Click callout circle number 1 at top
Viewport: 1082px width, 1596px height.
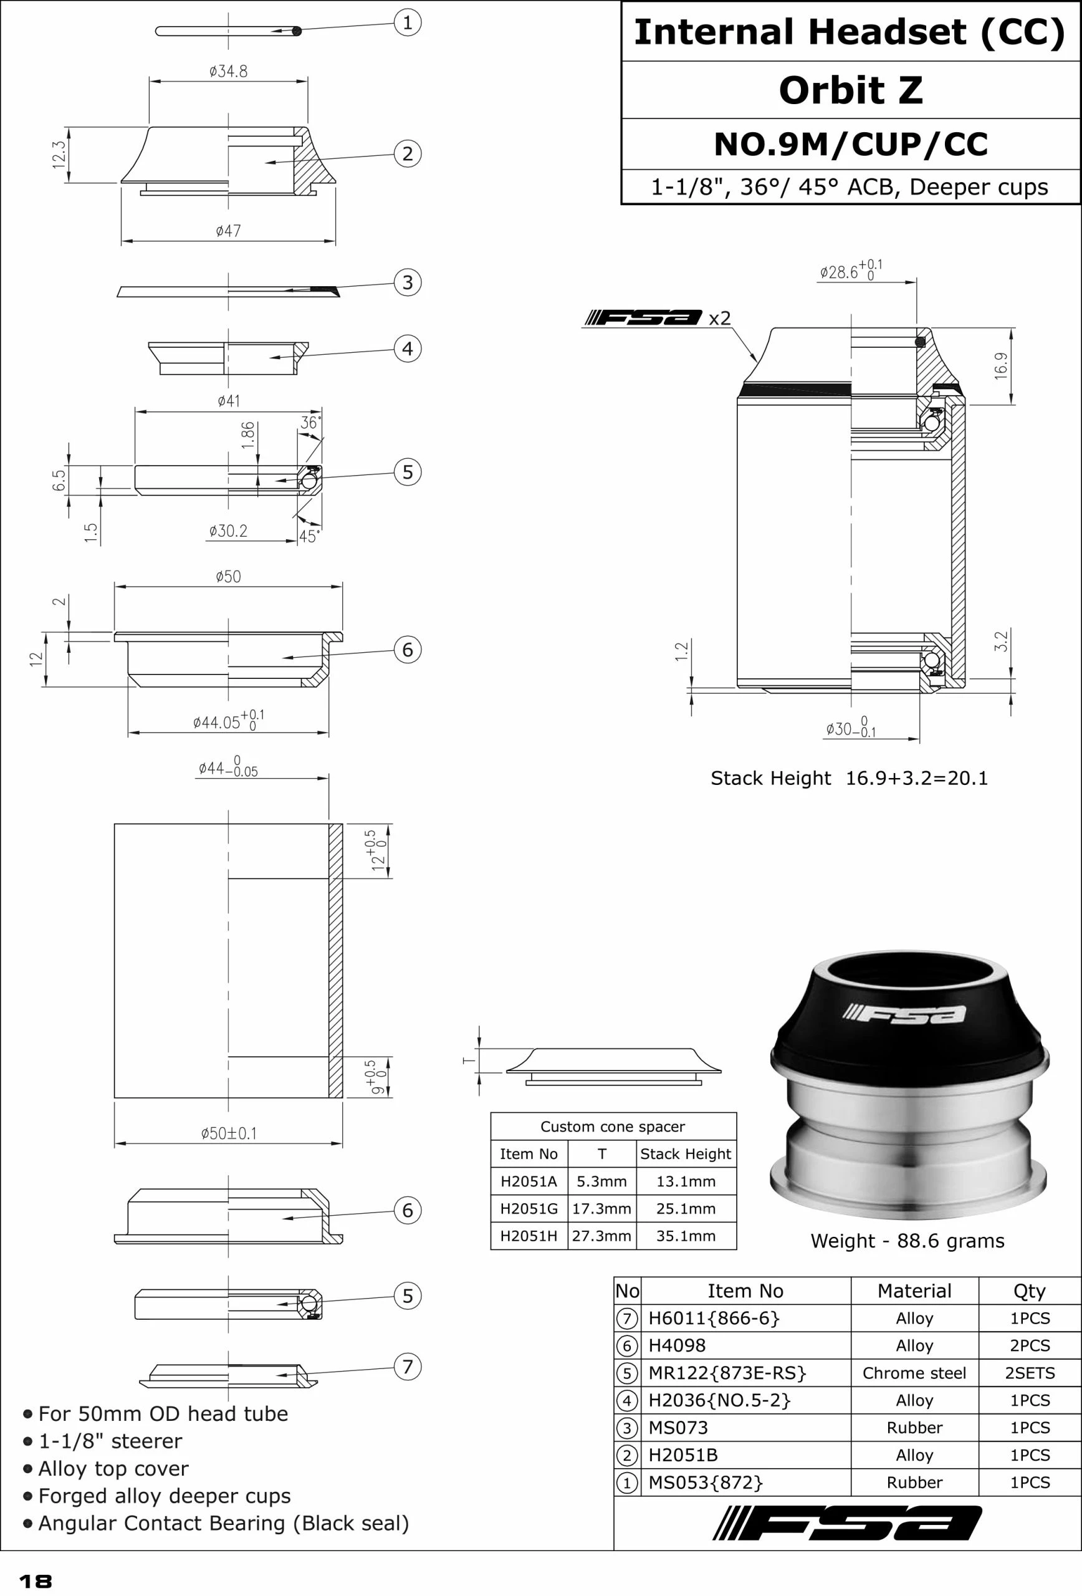tap(407, 22)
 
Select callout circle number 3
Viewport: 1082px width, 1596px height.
tap(407, 282)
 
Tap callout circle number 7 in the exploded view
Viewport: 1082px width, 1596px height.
tap(407, 1366)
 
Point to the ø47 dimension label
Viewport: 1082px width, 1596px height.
tap(228, 231)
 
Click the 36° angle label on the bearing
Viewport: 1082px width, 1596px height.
tap(310, 422)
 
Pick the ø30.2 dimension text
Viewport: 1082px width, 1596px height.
tap(228, 531)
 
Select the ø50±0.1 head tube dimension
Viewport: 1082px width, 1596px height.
tap(229, 1133)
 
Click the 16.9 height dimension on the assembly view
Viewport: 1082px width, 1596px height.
tap(1001, 365)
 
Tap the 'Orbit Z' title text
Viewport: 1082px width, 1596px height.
tap(851, 90)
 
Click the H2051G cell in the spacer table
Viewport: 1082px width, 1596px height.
tap(529, 1208)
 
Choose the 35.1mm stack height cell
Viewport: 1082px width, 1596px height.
tap(685, 1236)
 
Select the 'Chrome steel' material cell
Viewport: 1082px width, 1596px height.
tap(914, 1373)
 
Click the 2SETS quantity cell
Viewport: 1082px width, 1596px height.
tap(1029, 1373)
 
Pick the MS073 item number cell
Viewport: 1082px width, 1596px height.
tap(678, 1428)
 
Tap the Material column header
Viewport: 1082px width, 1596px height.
tap(914, 1291)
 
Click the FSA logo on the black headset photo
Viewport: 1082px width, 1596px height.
tap(905, 1014)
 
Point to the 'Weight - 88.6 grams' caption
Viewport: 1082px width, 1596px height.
tap(907, 1241)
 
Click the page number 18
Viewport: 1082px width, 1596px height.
tap(35, 1582)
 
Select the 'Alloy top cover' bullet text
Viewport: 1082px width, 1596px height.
tap(113, 1468)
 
